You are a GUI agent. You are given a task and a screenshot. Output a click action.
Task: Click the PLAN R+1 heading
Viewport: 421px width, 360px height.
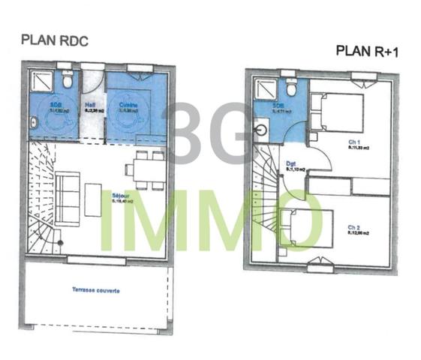(365, 52)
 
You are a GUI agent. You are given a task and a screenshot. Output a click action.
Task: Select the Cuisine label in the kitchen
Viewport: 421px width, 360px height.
(125, 104)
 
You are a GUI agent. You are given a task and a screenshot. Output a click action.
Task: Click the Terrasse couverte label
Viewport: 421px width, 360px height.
(95, 289)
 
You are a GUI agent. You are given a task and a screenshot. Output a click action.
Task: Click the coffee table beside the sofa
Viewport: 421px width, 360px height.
(93, 200)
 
